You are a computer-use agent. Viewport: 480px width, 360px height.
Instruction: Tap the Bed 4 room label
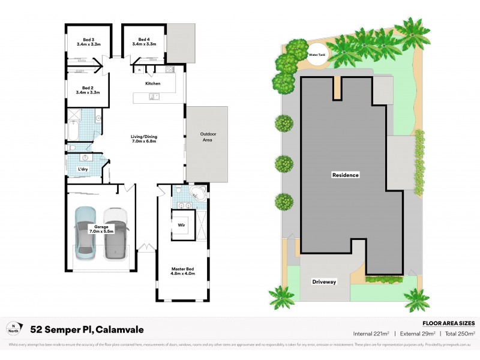click(x=144, y=42)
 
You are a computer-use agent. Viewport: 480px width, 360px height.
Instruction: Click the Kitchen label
click(x=153, y=83)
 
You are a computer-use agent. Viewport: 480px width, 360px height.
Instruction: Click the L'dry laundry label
click(x=83, y=170)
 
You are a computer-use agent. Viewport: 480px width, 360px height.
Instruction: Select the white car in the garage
click(x=115, y=233)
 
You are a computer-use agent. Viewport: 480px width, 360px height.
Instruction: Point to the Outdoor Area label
click(x=208, y=136)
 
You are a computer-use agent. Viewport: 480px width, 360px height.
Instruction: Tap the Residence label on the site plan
click(x=345, y=175)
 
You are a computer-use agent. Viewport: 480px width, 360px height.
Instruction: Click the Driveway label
click(x=325, y=281)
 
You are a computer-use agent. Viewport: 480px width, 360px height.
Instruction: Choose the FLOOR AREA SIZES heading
click(x=449, y=322)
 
